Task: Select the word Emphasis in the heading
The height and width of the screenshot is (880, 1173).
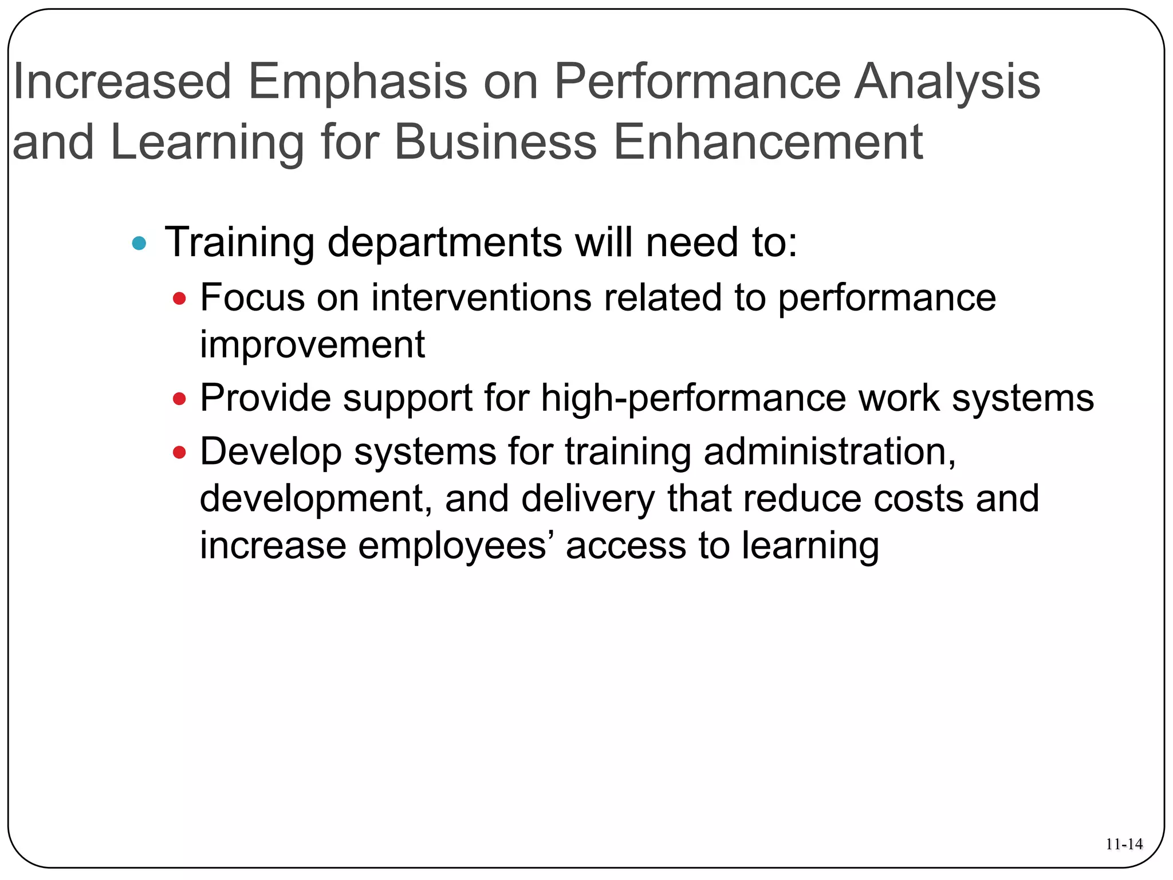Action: click(x=357, y=81)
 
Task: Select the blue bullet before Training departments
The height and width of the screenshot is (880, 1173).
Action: click(x=139, y=243)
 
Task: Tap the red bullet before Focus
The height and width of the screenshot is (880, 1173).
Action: click(x=179, y=298)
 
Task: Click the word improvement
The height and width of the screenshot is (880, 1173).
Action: click(x=312, y=345)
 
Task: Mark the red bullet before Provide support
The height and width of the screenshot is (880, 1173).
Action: click(x=179, y=399)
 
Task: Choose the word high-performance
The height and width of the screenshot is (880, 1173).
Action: click(x=693, y=399)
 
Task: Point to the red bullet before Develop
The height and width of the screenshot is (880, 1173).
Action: click(x=179, y=453)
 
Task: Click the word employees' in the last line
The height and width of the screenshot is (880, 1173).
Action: click(x=456, y=545)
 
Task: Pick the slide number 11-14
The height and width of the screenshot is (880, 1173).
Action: click(x=1124, y=844)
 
